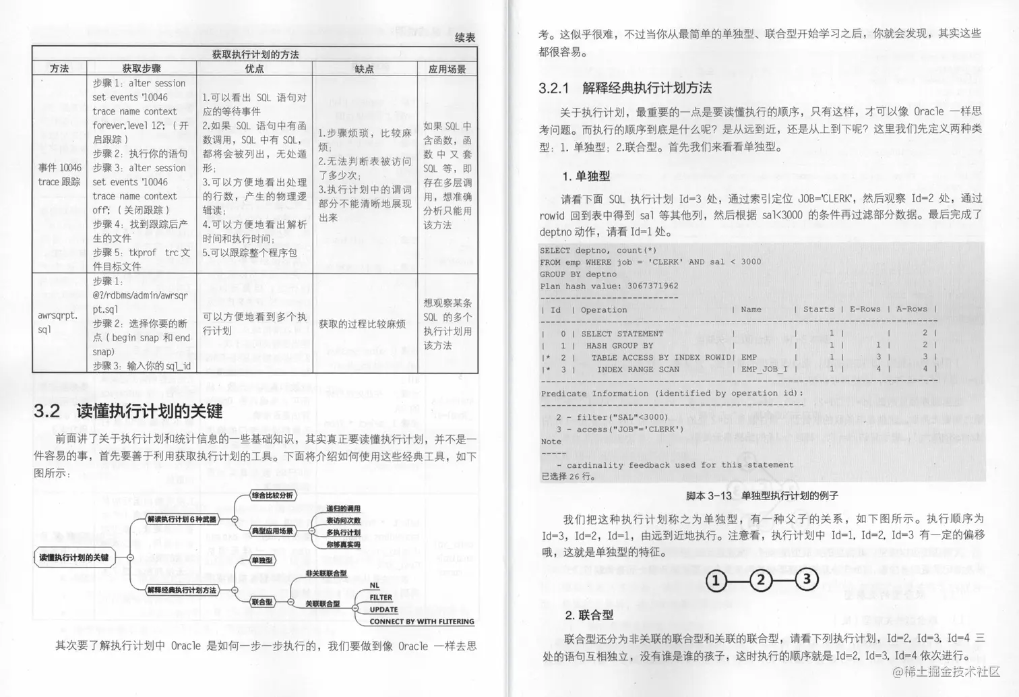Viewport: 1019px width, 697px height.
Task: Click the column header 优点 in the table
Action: pos(254,69)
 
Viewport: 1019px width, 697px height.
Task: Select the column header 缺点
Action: pos(364,69)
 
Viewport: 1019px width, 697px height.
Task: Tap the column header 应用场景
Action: pos(447,69)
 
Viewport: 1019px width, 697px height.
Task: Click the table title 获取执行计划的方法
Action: pos(255,55)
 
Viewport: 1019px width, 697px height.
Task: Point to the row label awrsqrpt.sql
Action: pos(58,322)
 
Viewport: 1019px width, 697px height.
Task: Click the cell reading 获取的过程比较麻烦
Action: pos(362,324)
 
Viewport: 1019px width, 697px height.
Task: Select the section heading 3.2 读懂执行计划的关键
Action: pos(128,411)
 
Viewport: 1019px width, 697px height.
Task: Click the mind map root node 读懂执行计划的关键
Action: pos(73,557)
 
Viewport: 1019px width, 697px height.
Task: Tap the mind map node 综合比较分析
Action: pos(272,495)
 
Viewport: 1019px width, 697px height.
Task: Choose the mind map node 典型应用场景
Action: pos(272,531)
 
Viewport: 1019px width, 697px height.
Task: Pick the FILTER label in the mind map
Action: pos(381,597)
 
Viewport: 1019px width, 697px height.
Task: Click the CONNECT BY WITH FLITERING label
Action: pos(421,622)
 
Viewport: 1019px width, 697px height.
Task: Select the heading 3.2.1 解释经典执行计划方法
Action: pos(625,88)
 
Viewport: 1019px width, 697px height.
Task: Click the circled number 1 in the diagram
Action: pos(716,580)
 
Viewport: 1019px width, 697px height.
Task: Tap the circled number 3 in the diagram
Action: pos(806,579)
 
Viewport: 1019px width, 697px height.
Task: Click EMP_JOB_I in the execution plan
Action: pos(764,369)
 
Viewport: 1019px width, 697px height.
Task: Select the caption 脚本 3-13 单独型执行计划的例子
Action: pos(762,495)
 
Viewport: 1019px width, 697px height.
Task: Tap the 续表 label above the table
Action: pos(465,38)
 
